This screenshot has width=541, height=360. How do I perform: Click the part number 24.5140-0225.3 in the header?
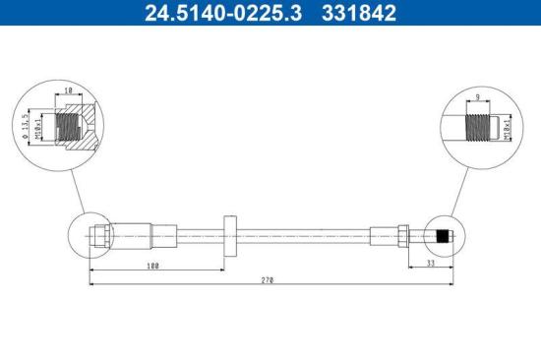[x=223, y=13]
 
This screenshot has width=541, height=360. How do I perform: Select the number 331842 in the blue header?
[x=359, y=13]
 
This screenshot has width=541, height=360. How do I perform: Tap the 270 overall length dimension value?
[x=268, y=280]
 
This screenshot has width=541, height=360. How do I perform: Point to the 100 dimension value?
[x=152, y=266]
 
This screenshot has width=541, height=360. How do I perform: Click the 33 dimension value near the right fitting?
[x=430, y=263]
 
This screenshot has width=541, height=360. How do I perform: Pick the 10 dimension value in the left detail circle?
[x=69, y=90]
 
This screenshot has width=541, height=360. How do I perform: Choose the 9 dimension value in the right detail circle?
[x=477, y=97]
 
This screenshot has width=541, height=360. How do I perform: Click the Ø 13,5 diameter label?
[x=26, y=127]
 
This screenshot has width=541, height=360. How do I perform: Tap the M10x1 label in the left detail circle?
[x=37, y=127]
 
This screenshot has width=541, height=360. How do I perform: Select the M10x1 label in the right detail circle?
[x=507, y=129]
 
